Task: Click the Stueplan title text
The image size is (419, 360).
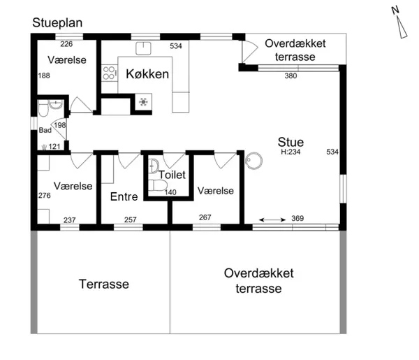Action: click(57, 23)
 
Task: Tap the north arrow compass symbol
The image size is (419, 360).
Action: click(400, 23)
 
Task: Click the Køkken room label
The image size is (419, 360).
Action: click(147, 74)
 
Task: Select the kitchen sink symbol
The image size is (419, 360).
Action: click(143, 48)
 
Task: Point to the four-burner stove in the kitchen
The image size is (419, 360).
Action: click(109, 73)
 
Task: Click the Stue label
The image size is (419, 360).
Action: click(291, 142)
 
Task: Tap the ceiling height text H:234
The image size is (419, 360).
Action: click(291, 152)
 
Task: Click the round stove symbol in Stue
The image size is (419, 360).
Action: click(253, 161)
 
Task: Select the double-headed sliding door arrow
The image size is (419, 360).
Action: click(272, 220)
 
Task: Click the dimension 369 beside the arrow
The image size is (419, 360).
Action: click(297, 218)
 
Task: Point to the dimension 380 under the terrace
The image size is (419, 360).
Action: click(291, 75)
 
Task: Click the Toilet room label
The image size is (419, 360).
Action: click(172, 175)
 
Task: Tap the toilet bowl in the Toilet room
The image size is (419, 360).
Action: click(158, 185)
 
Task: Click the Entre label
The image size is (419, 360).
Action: click(124, 196)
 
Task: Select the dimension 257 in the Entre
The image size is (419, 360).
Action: click(131, 219)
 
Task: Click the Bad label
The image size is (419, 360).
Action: click(45, 130)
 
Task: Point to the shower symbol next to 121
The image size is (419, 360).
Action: click(45, 147)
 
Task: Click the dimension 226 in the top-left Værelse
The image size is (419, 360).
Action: click(66, 44)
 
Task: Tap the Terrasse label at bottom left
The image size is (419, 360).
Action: click(104, 284)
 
